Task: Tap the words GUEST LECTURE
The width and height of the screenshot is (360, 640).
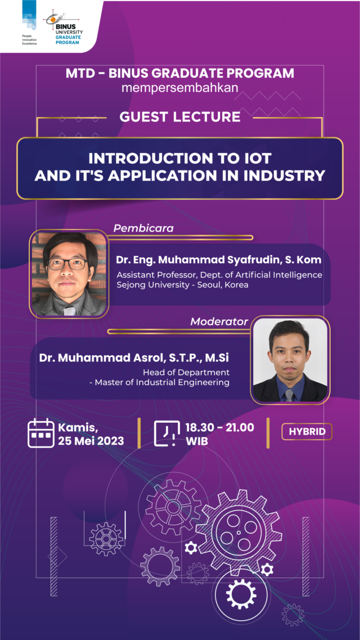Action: tap(180, 117)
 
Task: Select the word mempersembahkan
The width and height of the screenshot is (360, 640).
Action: tap(180, 87)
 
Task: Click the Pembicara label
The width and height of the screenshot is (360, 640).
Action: tap(143, 228)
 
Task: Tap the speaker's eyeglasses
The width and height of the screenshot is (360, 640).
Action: tap(67, 263)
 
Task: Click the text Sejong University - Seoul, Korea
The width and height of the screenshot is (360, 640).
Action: tap(182, 285)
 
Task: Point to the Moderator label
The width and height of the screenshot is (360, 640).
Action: tap(219, 322)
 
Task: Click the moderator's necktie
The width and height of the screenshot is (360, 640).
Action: tap(289, 394)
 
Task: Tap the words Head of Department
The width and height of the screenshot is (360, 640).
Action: tap(186, 372)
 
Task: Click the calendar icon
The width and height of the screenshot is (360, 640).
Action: tap(41, 433)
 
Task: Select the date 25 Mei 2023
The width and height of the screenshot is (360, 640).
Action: tap(91, 441)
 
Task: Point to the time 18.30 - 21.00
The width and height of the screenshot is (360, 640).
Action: tap(220, 428)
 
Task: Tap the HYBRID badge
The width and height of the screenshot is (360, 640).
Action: tap(307, 432)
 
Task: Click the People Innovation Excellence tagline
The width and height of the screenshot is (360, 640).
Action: tap(29, 40)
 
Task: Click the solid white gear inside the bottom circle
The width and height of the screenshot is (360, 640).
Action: tap(241, 592)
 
